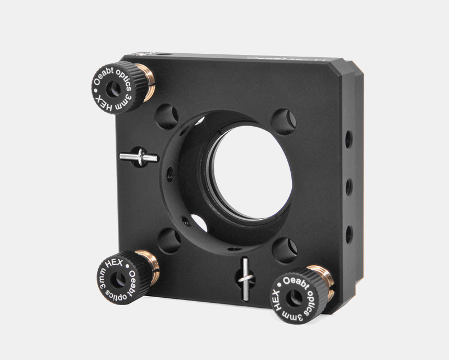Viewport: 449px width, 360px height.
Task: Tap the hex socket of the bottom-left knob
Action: pyautogui.click(x=120, y=278)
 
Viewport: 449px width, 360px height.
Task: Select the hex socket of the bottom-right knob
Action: pyautogui.click(x=294, y=297)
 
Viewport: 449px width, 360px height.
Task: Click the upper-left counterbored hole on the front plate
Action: pyautogui.click(x=167, y=117)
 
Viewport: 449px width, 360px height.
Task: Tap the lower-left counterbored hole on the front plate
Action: pyautogui.click(x=169, y=241)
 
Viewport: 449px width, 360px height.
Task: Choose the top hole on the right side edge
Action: pyautogui.click(x=349, y=139)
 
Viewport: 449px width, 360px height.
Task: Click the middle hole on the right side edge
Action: pyautogui.click(x=349, y=187)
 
